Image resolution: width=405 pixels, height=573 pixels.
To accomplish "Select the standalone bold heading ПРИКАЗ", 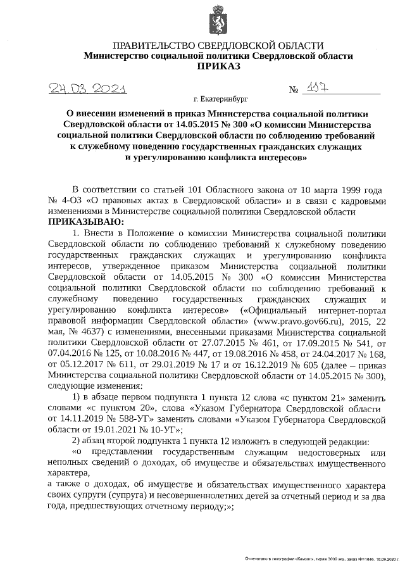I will click(x=219, y=66).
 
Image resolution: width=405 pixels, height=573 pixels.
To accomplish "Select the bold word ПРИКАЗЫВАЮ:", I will click(x=85, y=222).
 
